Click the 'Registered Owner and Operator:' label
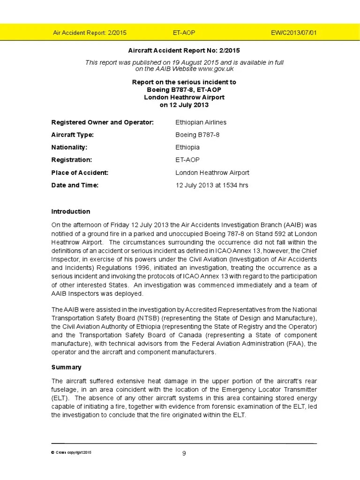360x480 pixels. [102, 122]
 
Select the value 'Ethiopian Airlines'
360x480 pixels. [201, 122]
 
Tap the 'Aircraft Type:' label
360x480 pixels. [73, 135]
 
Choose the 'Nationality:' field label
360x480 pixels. [69, 147]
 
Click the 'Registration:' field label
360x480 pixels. [72, 160]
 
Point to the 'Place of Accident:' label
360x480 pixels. [80, 172]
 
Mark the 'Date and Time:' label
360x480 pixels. [75, 185]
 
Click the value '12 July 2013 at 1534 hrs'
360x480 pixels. [211, 185]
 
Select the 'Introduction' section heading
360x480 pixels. [71, 211]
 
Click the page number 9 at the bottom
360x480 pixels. [184, 453]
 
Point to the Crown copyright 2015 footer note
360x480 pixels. [72, 452]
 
